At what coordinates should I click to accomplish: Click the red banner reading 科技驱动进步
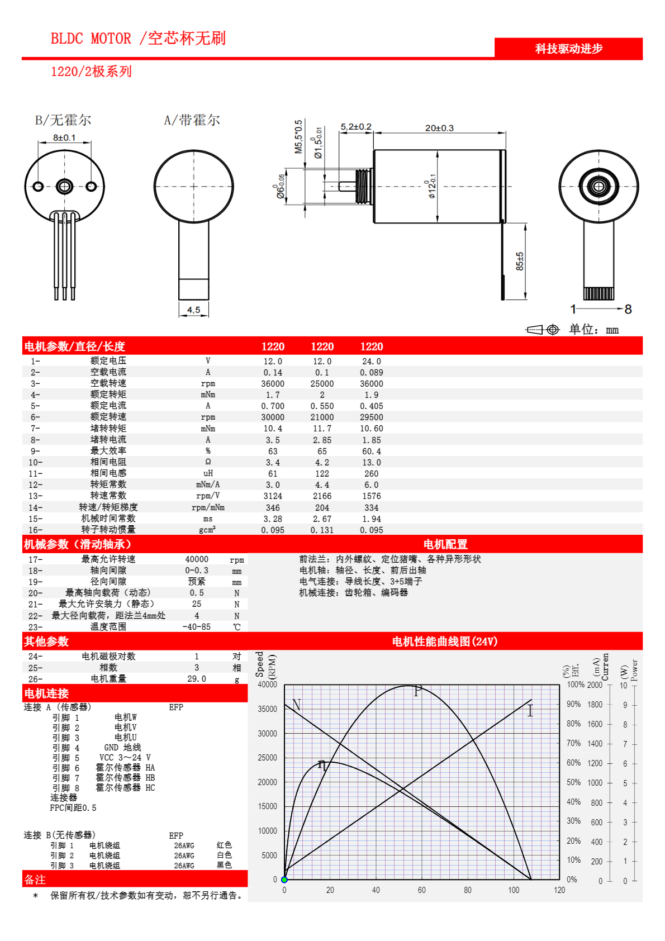point(568,49)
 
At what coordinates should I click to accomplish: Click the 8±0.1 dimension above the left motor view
point(64,138)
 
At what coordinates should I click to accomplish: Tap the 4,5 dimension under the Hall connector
point(193,310)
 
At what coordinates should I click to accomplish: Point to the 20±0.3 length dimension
point(439,128)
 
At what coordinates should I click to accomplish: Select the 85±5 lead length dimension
point(520,262)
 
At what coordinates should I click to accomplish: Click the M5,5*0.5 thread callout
point(298,137)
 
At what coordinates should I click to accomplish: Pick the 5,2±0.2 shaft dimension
point(356,126)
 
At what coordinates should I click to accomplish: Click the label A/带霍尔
point(192,121)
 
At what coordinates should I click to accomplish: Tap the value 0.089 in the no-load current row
point(372,373)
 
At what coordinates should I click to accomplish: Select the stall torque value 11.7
point(322,429)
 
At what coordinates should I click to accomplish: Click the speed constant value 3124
point(273,496)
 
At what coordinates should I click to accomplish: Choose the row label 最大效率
point(108,451)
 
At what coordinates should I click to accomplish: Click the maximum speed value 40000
point(197,559)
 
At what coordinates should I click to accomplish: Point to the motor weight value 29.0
point(197,679)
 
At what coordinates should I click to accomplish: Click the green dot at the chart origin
point(284,880)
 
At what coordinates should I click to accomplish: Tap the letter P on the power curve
point(417,691)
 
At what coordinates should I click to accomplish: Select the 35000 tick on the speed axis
point(268,709)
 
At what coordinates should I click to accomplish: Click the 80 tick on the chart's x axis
point(468,890)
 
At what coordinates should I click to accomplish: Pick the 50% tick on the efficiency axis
point(573,782)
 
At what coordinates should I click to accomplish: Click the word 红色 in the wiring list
point(224,845)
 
